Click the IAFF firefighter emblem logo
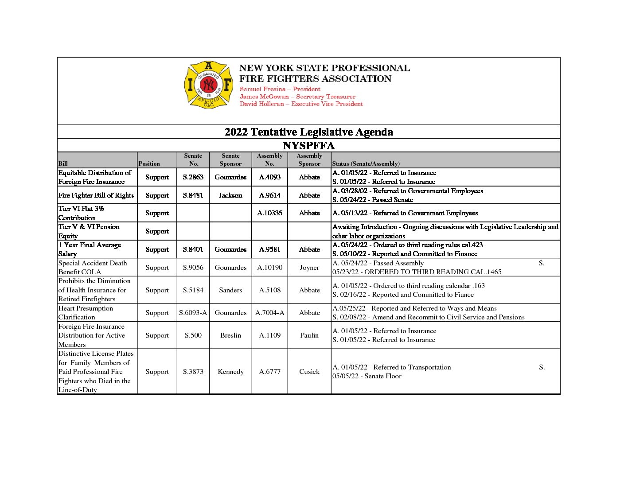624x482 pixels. [208, 84]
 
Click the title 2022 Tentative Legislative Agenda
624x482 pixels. [308, 132]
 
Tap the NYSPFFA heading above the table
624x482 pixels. [308, 146]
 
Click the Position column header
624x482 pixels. [149, 163]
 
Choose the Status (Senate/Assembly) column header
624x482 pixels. [366, 163]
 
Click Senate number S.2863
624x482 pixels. [193, 177]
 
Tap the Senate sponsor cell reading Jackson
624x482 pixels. [230, 195]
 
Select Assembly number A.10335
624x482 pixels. [269, 213]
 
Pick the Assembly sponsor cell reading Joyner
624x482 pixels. [309, 268]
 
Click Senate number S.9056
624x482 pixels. [193, 268]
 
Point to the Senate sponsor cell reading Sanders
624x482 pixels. [230, 290]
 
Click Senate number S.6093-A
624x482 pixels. [193, 313]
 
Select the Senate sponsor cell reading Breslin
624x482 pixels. [230, 335]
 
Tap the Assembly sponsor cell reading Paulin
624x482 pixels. [309, 335]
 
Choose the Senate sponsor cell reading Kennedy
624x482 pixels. [230, 372]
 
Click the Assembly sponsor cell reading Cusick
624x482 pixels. [309, 372]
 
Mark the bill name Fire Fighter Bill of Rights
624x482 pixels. [96, 195]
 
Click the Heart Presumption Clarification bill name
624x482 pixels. [86, 313]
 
